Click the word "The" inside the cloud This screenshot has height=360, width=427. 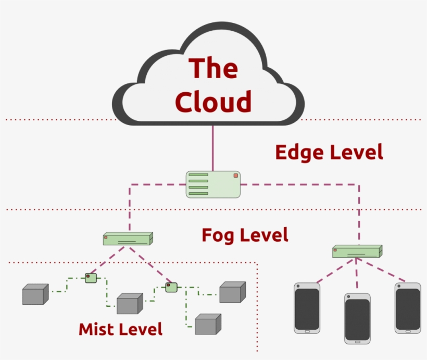click(213, 68)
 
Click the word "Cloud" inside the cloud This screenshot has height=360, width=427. click(213, 101)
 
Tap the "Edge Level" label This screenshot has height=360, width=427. click(329, 152)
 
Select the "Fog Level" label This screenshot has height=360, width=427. click(245, 235)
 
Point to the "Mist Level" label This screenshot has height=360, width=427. click(120, 329)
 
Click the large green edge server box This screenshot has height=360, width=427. click(213, 184)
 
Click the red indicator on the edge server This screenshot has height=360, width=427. click(235, 176)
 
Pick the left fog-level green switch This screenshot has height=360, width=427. click(128, 239)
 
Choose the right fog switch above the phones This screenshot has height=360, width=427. click(357, 252)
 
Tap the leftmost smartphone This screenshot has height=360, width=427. click(307, 308)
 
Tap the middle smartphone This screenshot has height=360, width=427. click(357, 318)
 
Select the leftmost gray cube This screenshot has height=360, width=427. click(35, 295)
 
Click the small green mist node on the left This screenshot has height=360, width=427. click(91, 278)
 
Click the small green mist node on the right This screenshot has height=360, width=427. click(171, 287)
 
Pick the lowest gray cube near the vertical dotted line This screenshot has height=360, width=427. click(207, 325)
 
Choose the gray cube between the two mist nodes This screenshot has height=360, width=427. click(129, 304)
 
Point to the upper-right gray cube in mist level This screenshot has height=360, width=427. click(232, 292)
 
